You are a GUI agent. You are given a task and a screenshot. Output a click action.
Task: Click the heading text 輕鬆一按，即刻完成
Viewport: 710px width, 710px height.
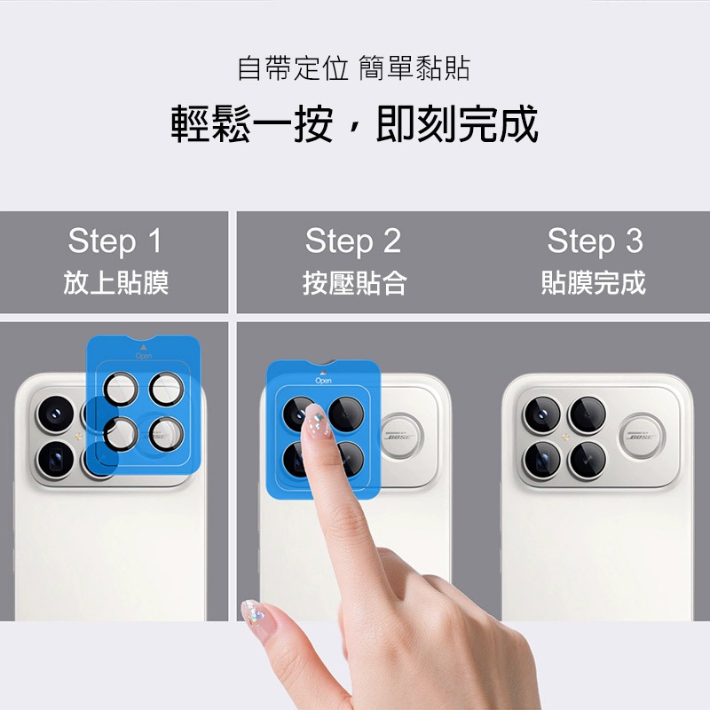354,124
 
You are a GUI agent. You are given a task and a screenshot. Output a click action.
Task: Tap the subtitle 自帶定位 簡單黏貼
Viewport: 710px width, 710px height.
353,69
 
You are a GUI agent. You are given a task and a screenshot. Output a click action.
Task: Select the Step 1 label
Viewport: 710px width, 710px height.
115,241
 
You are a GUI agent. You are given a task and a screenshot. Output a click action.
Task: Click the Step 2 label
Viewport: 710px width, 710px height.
353,241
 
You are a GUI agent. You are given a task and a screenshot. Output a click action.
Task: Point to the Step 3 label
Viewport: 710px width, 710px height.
595,241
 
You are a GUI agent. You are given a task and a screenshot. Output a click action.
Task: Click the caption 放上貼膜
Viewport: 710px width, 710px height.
116,282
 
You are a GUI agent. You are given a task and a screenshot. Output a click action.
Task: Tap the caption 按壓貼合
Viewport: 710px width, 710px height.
354,282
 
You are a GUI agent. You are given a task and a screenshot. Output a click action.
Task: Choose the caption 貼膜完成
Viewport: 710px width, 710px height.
594,282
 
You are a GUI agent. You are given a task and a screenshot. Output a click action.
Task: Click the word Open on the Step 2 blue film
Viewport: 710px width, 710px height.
323,381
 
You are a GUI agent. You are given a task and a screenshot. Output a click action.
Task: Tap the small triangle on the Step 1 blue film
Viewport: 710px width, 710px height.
144,347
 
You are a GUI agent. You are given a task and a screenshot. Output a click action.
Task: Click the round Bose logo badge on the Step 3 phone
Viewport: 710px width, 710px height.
642,436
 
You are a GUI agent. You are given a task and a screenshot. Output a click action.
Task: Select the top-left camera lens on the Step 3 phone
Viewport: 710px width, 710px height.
542,414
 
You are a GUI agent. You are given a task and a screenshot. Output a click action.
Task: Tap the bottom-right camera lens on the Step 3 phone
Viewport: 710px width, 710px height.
588,460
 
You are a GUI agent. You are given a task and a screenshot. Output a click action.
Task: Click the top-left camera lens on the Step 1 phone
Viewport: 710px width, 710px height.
55,414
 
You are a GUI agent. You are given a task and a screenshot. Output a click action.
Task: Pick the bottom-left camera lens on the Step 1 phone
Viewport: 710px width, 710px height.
55,460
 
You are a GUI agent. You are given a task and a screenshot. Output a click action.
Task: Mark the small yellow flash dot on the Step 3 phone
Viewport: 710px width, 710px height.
564,438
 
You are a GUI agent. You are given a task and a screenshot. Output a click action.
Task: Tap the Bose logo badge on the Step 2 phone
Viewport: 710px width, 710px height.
401,436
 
